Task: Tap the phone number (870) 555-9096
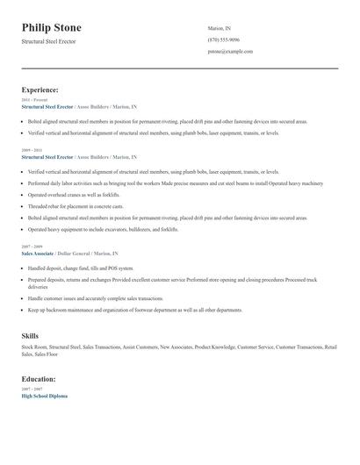(x=224, y=39)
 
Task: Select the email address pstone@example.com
(x=230, y=52)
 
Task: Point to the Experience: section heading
(x=40, y=89)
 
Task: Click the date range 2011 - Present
(x=34, y=100)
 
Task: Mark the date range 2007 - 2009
(x=31, y=247)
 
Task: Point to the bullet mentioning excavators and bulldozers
(x=103, y=228)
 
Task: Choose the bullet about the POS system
(x=81, y=268)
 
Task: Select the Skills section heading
(x=30, y=336)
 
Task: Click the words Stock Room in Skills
(x=35, y=347)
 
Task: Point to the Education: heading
(x=39, y=379)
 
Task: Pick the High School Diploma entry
(x=44, y=396)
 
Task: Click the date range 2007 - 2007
(x=31, y=389)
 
